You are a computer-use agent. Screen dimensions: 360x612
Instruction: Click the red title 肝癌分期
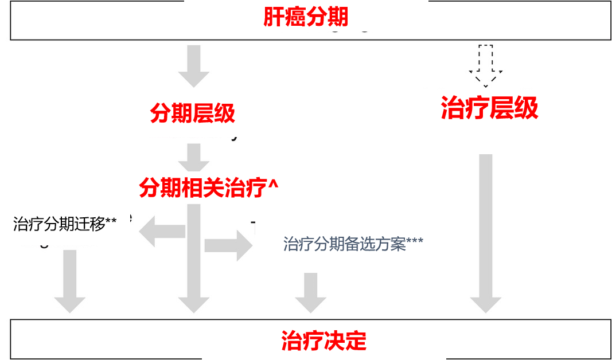306,17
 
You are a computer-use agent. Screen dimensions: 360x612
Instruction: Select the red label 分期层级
192,114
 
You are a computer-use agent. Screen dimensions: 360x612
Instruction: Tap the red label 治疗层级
489,108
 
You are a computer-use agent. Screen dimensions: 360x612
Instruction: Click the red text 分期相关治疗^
209,187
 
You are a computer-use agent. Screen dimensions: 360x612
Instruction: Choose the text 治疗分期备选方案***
353,244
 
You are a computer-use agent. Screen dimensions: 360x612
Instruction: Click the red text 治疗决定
323,341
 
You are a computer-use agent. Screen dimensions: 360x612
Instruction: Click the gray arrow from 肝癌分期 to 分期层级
194,66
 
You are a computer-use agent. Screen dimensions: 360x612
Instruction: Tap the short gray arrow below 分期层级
194,157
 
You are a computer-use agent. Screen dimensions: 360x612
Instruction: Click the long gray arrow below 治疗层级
485,232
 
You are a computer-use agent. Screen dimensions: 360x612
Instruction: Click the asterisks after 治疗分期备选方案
415,242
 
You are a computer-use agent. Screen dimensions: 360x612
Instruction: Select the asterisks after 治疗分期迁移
111,222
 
